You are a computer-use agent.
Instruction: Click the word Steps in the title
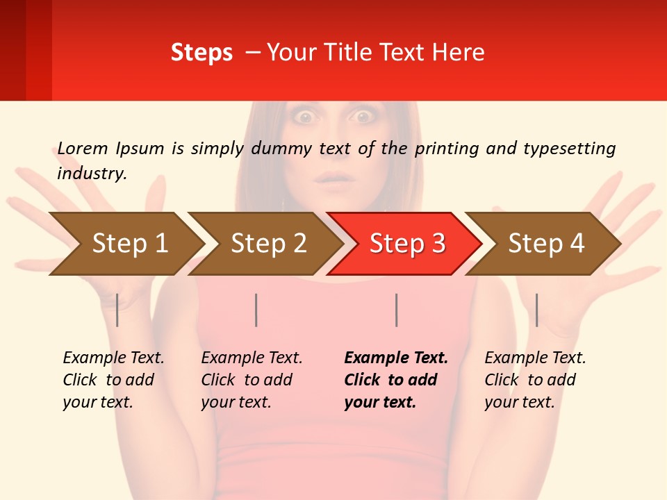pyautogui.click(x=201, y=53)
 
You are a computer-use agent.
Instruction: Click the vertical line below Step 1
pyautogui.click(x=117, y=310)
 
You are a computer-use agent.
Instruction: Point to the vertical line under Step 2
pyautogui.click(x=256, y=310)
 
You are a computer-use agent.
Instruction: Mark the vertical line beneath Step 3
pyautogui.click(x=396, y=310)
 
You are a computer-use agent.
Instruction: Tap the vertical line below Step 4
pyautogui.click(x=536, y=310)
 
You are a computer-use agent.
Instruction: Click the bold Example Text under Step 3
pyautogui.click(x=396, y=380)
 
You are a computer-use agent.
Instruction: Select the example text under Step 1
pyautogui.click(x=113, y=380)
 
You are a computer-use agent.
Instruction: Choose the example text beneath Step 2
pyautogui.click(x=252, y=380)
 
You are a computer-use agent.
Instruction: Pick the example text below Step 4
pyautogui.click(x=535, y=380)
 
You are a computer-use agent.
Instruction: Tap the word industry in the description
pyautogui.click(x=92, y=174)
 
